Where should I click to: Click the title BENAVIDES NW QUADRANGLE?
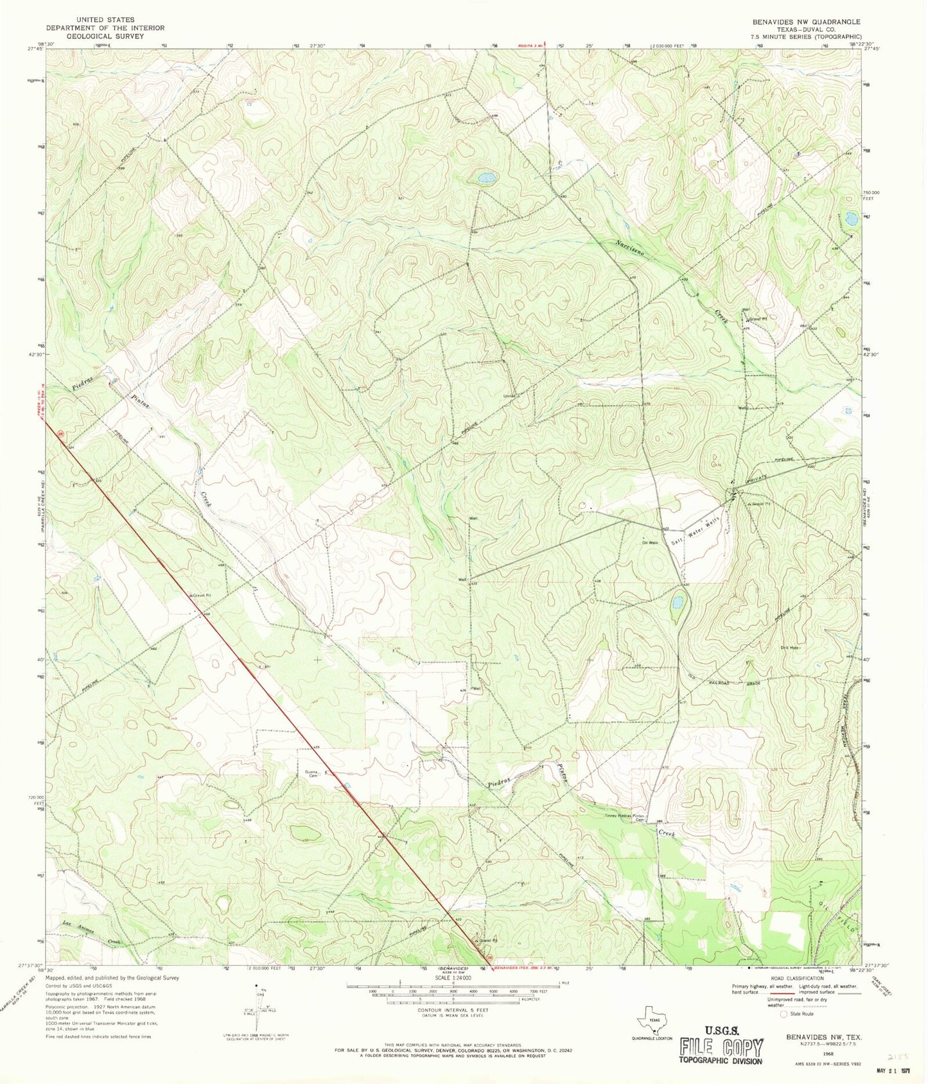click(x=806, y=22)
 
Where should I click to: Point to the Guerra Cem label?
click(x=313, y=773)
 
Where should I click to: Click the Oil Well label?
click(x=651, y=542)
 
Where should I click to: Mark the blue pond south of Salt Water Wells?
click(x=676, y=603)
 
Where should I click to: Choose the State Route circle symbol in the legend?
click(x=783, y=1014)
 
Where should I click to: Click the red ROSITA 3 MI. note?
click(x=532, y=46)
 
